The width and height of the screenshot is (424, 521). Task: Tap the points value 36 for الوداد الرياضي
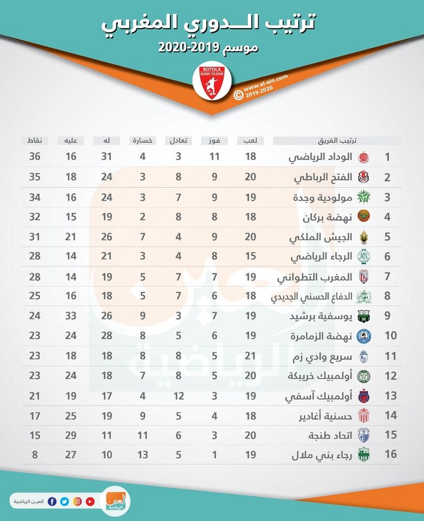pos(35,157)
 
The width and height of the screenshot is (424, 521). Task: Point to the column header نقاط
pos(35,140)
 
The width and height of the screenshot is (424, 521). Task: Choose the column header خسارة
pos(142,140)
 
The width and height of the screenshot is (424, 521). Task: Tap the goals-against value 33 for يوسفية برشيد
pos(70,317)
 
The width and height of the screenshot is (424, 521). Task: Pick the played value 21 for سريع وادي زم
pos(250,356)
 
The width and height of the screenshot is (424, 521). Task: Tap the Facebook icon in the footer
pos(52,502)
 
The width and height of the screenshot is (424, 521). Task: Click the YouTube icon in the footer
pos(90,502)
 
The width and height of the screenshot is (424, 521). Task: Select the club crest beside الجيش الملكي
pos(364,238)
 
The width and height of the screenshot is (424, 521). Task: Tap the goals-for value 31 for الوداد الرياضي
pos(107,157)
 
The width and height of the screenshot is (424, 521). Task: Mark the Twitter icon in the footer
pos(65,502)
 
